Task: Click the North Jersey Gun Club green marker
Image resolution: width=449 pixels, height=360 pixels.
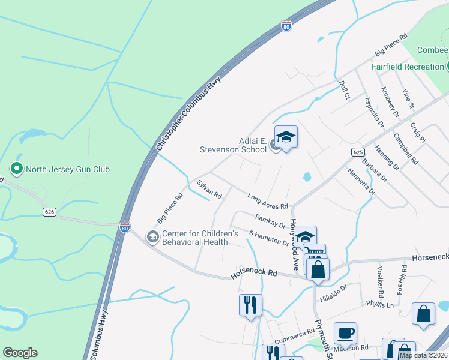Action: pyautogui.click(x=17, y=169)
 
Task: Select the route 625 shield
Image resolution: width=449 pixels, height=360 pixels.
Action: pyautogui.click(x=358, y=153)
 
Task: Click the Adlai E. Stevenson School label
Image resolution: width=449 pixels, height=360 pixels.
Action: pyautogui.click(x=233, y=145)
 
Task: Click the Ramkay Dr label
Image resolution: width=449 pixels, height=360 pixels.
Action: pyautogui.click(x=270, y=221)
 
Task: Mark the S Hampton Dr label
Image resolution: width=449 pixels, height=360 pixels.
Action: pyautogui.click(x=269, y=238)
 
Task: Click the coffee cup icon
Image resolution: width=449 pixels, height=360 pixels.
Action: pyautogui.click(x=345, y=333)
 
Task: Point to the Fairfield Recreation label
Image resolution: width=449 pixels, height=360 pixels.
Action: pyautogui.click(x=407, y=67)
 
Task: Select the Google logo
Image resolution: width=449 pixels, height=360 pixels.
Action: pyautogui.click(x=20, y=353)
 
